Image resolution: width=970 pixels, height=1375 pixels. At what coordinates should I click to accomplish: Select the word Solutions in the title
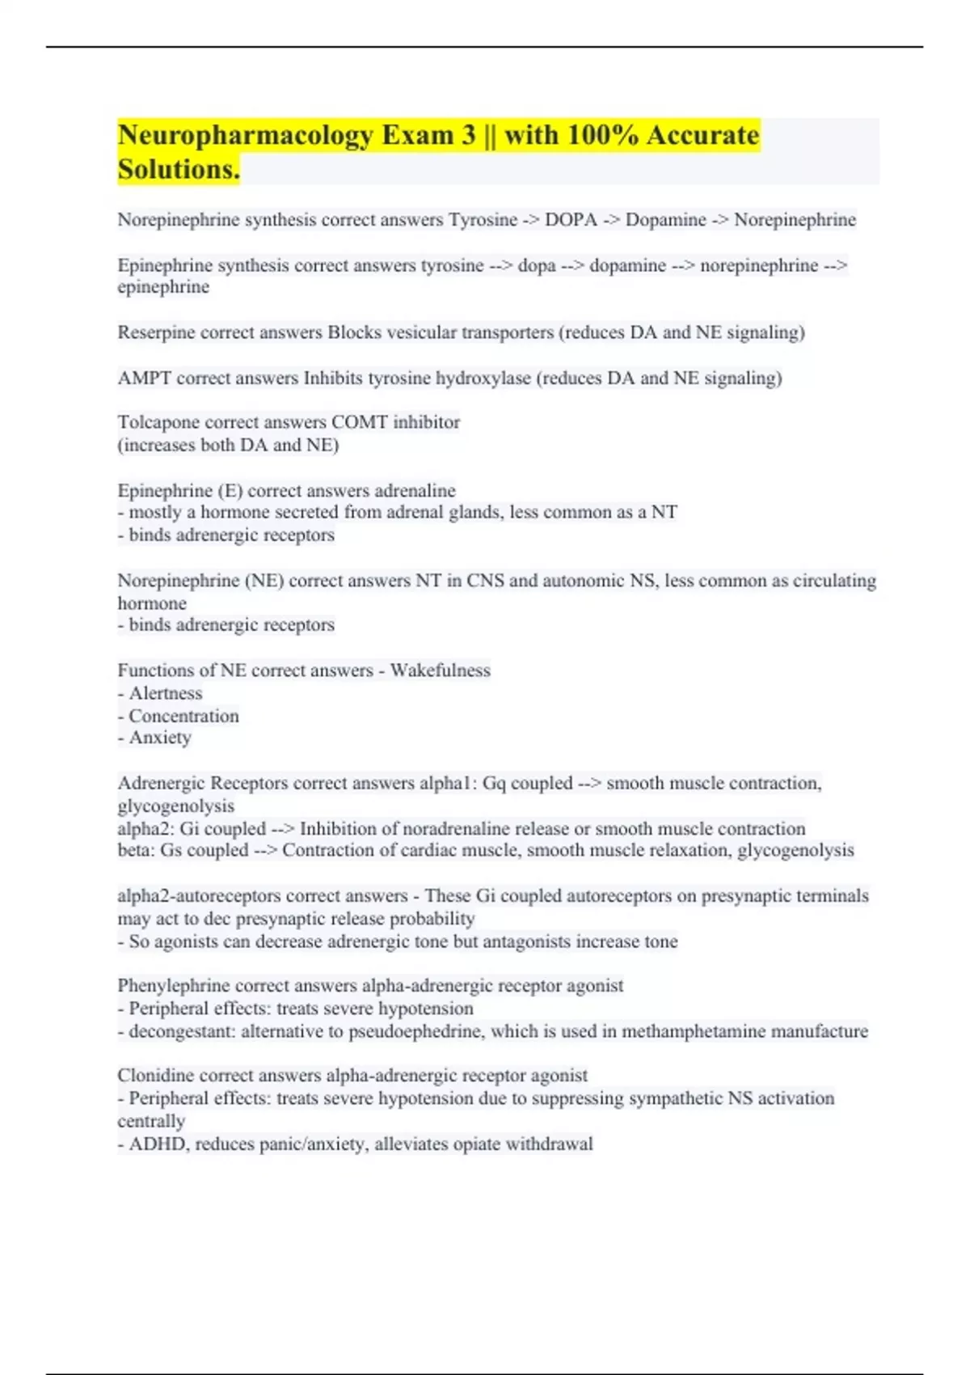click(x=178, y=170)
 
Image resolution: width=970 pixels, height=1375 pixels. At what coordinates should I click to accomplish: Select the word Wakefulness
click(x=440, y=671)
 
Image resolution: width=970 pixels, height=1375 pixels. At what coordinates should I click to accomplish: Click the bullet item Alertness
click(x=165, y=693)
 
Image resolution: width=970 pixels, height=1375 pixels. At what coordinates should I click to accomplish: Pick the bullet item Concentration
click(x=183, y=716)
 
